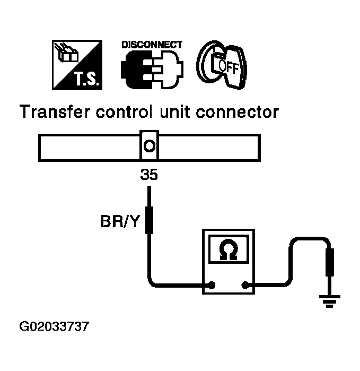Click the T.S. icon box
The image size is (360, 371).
77,65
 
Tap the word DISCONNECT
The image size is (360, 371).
152,45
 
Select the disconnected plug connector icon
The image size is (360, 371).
152,70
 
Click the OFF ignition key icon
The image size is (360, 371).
222,64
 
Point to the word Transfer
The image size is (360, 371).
55,111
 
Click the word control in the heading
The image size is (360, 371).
124,111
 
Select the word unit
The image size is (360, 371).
175,111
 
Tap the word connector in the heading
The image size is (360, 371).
238,112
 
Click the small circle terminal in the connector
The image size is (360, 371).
150,145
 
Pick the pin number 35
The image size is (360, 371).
149,175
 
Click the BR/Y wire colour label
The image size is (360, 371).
120,221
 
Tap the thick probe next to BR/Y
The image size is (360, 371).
149,220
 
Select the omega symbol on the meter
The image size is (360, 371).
228,249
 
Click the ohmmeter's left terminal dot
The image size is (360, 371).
212,285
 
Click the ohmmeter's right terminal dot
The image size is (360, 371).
245,286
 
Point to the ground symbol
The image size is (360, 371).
329,301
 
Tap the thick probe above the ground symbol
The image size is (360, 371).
330,262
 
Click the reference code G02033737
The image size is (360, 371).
54,326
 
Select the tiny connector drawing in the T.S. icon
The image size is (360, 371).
66,53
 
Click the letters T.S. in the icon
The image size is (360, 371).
86,79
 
